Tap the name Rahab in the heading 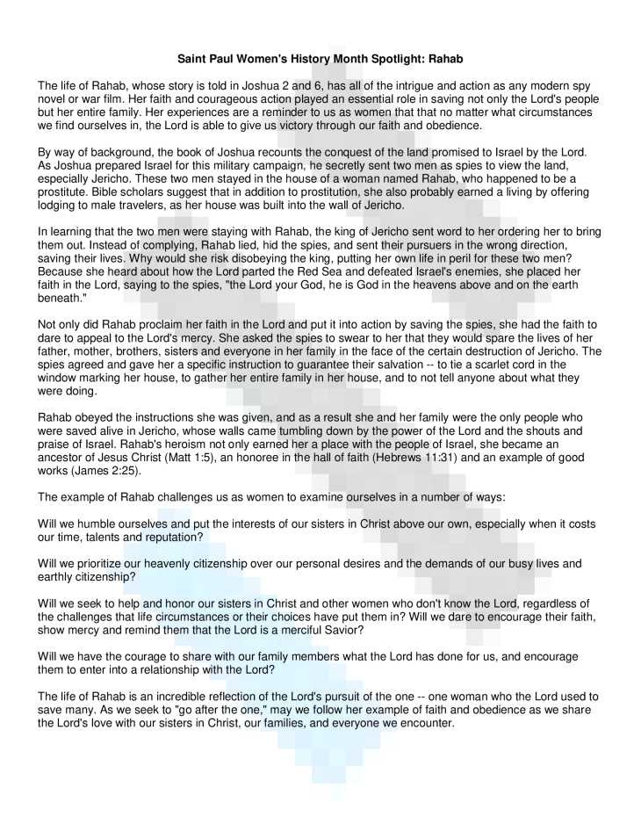pos(443,59)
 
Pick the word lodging pos(57,206)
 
